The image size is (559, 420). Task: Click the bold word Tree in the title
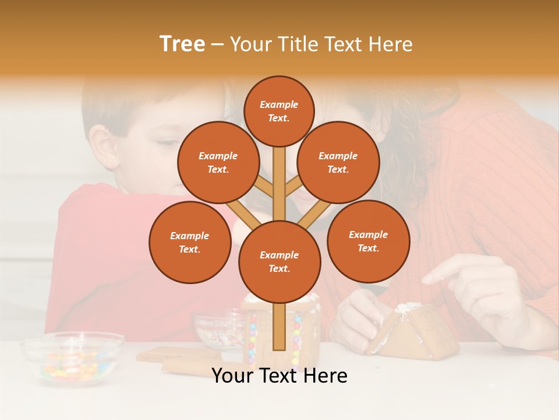click(182, 44)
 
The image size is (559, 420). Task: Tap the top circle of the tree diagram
click(279, 111)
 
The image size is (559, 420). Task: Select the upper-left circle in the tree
click(218, 162)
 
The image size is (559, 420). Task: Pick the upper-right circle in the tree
click(338, 162)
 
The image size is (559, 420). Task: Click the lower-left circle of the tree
click(189, 242)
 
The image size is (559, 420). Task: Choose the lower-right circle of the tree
click(368, 241)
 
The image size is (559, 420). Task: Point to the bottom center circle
click(279, 261)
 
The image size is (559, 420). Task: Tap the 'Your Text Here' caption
click(279, 376)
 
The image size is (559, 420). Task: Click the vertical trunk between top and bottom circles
click(279, 181)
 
